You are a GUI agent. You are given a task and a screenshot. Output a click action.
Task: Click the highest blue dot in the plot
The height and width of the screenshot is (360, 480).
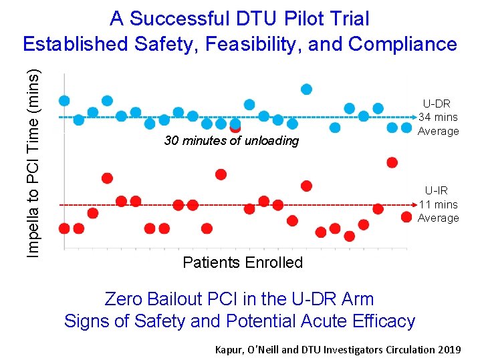pyautogui.click(x=306, y=89)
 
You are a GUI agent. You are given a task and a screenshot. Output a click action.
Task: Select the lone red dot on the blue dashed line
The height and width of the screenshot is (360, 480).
pyautogui.click(x=235, y=127)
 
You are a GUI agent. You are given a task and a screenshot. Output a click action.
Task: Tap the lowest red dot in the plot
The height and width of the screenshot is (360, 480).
pyautogui.click(x=349, y=236)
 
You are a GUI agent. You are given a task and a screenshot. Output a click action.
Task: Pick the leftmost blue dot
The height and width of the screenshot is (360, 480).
pyautogui.click(x=64, y=101)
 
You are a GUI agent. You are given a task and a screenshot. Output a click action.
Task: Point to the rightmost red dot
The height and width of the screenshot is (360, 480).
pyautogui.click(x=406, y=216)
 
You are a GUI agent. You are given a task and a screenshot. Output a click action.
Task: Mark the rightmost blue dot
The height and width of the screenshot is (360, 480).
pyautogui.click(x=406, y=128)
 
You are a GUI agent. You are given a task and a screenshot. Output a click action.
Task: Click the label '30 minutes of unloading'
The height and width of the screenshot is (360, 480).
pyautogui.click(x=231, y=141)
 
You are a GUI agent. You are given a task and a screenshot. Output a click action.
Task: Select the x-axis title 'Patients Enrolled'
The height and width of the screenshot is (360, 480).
pyautogui.click(x=242, y=262)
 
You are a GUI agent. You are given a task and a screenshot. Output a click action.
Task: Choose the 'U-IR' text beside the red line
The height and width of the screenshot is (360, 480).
pyautogui.click(x=438, y=191)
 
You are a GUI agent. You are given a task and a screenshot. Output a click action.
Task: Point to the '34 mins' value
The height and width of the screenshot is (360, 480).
pyautogui.click(x=438, y=117)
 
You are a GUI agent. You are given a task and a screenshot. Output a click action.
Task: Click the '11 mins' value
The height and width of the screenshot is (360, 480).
pyautogui.click(x=438, y=204)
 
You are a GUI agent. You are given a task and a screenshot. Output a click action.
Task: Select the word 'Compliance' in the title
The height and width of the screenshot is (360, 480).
pyautogui.click(x=403, y=44)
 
